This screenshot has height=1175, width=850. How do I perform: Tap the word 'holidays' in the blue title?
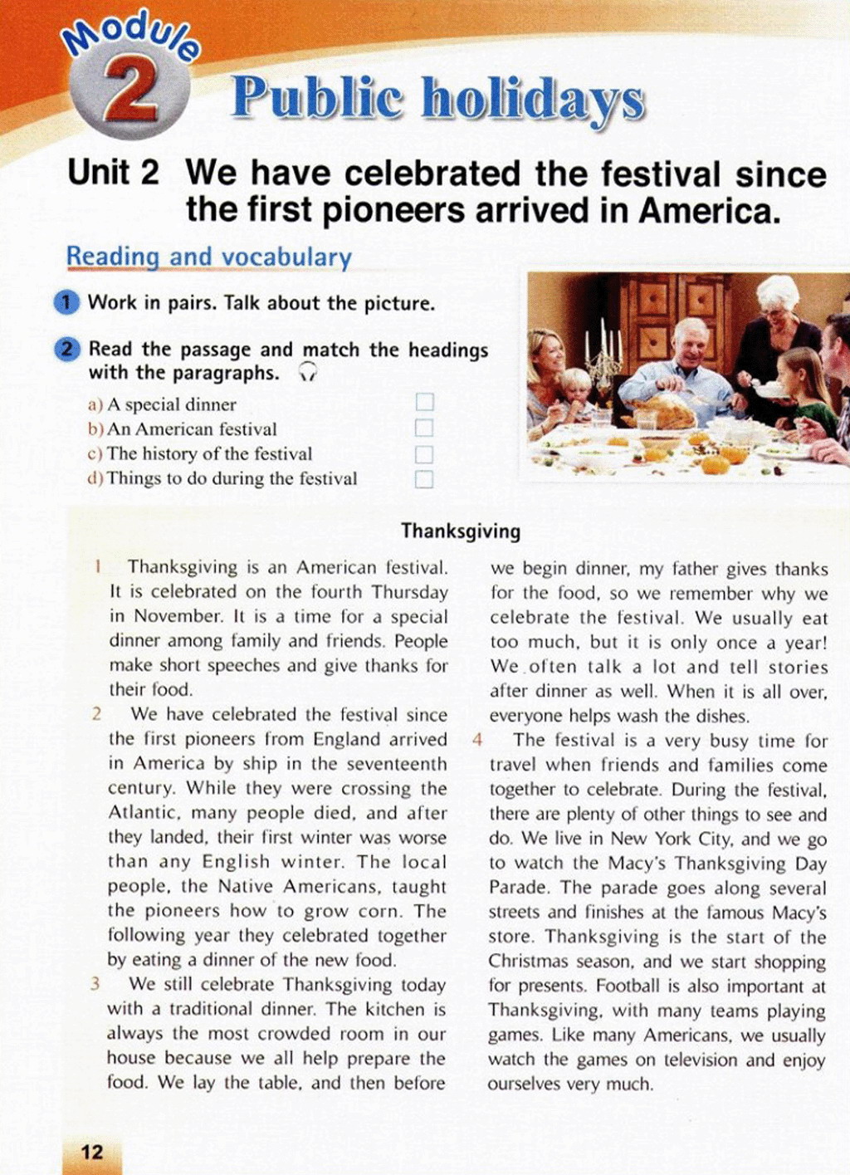532,100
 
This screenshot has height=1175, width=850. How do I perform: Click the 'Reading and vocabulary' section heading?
208,257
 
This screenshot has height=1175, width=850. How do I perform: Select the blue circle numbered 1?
67,302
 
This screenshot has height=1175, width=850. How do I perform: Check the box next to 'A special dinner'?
424,403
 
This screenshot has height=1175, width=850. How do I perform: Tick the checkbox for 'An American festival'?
424,428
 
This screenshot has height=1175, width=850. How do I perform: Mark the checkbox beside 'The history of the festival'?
424,454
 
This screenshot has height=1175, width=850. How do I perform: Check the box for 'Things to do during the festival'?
424,479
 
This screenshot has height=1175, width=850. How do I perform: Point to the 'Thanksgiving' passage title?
461,531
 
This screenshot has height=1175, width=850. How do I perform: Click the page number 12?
92,1151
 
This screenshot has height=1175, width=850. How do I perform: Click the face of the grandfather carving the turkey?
691,343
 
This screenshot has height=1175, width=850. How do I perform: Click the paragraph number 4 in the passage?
477,739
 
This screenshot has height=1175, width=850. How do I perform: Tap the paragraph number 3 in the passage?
95,984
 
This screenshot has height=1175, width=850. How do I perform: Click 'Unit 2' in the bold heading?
113,174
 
